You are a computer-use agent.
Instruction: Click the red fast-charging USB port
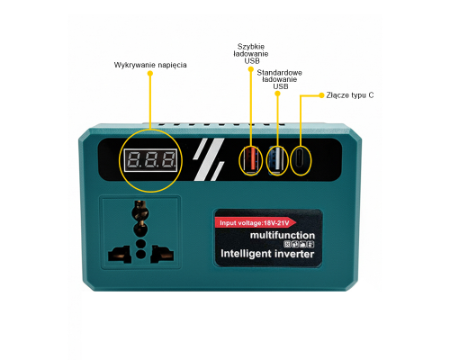point(251,160)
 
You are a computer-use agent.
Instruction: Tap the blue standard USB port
point(277,160)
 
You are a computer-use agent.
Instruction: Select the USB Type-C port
point(301,160)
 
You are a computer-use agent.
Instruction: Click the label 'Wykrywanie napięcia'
point(150,65)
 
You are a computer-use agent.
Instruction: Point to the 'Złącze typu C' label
point(350,95)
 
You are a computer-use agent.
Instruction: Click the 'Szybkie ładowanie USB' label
point(251,54)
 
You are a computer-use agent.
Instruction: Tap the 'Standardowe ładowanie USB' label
point(279,79)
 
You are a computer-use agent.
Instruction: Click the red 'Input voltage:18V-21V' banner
point(256,223)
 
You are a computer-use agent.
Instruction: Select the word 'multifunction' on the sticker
point(283,235)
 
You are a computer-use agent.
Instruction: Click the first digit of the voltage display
point(133,159)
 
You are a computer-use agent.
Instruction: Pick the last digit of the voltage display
point(168,159)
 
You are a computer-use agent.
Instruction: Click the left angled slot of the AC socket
point(120,255)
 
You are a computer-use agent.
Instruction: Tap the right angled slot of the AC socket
point(162,254)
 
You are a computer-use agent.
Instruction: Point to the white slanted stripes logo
point(209,159)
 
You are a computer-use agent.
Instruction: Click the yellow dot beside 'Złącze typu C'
point(321,95)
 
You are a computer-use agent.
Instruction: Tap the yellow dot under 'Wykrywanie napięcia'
point(150,73)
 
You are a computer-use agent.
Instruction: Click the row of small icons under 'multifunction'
point(299,244)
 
